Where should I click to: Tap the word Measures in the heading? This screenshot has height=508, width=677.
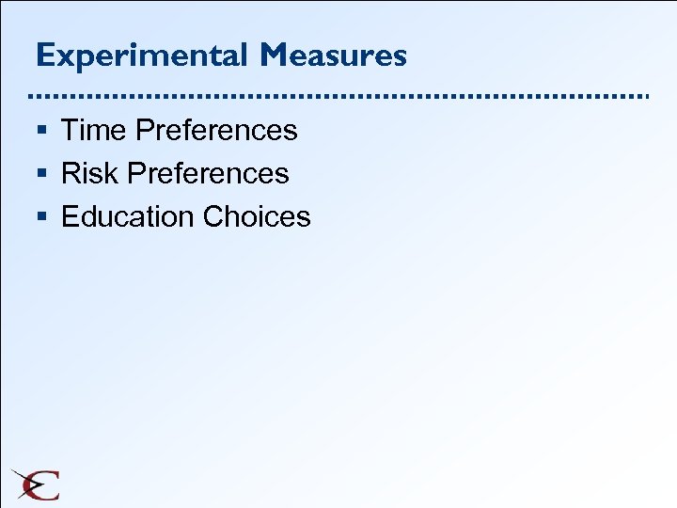tap(335, 56)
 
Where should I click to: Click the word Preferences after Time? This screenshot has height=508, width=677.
tap(216, 130)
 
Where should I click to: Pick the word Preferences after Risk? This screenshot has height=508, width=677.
tap(209, 173)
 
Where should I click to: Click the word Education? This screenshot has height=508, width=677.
tap(127, 216)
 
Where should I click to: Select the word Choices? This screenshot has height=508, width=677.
tap(256, 216)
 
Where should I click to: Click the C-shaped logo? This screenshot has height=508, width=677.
tap(36, 484)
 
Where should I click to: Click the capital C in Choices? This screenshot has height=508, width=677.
tap(213, 216)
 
